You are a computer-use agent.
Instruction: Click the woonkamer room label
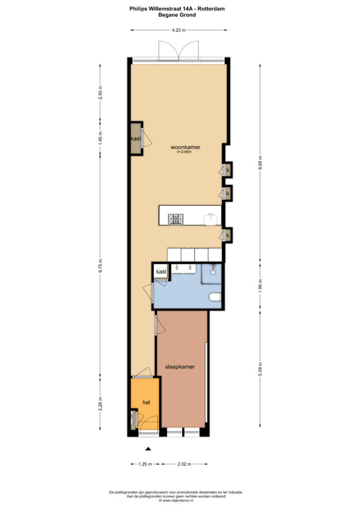point(185,147)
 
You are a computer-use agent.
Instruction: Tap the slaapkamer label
point(180,367)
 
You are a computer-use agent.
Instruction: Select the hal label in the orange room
point(146,403)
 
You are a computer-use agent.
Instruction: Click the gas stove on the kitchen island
point(176,219)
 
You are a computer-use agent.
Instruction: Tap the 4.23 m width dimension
point(179,30)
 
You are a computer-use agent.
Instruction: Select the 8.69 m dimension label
point(260,165)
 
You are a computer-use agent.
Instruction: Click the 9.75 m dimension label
point(100,266)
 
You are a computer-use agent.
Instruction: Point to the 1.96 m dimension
point(260,286)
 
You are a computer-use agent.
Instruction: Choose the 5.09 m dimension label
point(260,369)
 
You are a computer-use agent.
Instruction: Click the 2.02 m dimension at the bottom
point(184,464)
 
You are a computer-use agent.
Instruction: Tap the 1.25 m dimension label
point(145,464)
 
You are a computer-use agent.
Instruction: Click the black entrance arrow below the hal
point(148,449)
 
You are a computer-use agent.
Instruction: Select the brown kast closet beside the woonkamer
point(136,139)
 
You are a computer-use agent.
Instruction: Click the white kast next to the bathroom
point(161,271)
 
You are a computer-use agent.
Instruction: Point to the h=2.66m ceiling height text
point(184,152)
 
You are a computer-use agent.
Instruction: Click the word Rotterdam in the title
point(211,9)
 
